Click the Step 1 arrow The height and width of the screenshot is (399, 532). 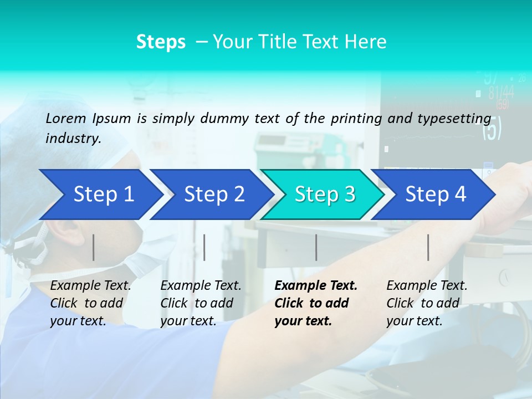[100, 195]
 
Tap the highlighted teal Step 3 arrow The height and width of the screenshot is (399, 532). [324, 195]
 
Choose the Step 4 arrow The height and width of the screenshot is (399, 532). [435, 195]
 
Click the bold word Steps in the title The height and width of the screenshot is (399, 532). [161, 42]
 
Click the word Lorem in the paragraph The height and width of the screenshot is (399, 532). [65, 118]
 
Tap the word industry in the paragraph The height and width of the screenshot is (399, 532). [73, 139]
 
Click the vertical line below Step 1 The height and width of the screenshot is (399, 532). [94, 247]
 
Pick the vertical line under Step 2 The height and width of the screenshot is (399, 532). [204, 247]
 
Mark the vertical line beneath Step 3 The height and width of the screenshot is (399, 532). [316, 247]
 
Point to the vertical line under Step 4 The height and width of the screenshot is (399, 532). [428, 247]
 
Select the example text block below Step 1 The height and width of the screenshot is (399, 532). [90, 303]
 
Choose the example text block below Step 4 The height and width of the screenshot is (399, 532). [426, 303]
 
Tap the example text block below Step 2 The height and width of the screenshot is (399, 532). [200, 303]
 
